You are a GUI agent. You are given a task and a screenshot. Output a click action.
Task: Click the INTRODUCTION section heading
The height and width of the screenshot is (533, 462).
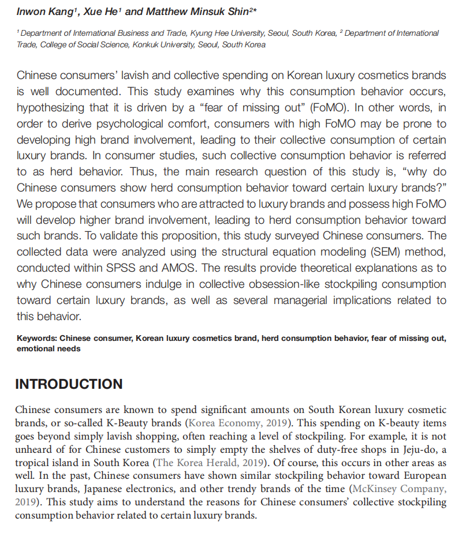(x=69, y=384)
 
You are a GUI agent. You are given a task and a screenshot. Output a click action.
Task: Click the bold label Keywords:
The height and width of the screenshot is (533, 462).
(x=36, y=339)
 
